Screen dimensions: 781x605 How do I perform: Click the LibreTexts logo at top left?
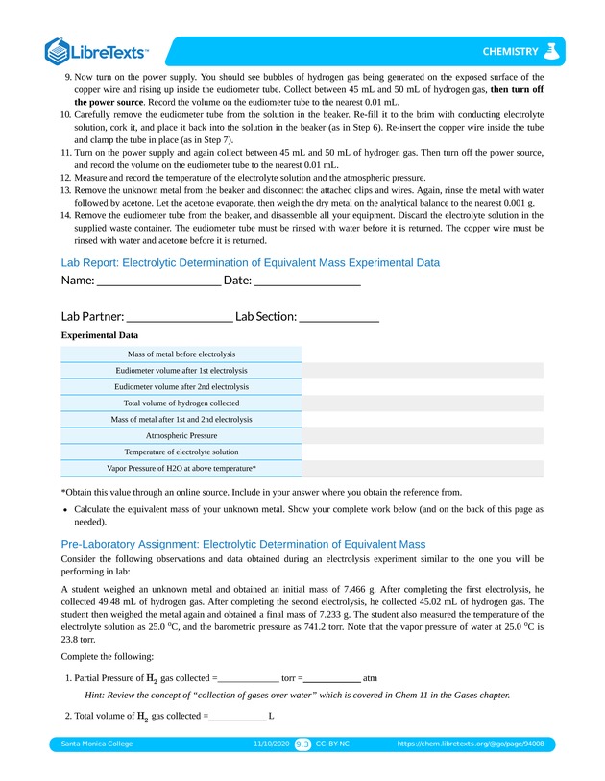(x=96, y=51)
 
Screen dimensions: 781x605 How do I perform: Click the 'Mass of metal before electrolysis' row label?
(x=181, y=354)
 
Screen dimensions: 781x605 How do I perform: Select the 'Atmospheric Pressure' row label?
(x=181, y=435)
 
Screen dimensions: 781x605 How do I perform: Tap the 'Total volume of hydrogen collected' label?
(x=181, y=403)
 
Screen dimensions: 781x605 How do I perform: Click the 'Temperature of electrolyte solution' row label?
(x=181, y=452)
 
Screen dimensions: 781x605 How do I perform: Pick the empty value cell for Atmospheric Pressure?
(x=423, y=435)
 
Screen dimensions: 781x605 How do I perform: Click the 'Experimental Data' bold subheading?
(x=99, y=336)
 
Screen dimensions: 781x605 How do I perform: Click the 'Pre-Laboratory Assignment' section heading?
(x=242, y=544)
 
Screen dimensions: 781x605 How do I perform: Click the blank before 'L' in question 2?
(x=237, y=717)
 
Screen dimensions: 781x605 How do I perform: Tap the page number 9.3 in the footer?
(x=302, y=744)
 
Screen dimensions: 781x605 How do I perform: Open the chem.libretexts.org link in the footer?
(x=476, y=744)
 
